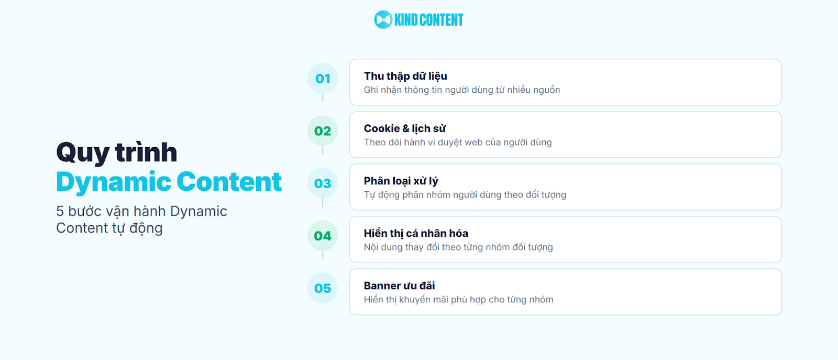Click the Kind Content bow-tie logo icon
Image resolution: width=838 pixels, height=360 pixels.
tap(383, 20)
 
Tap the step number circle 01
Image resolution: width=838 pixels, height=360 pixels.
tap(323, 79)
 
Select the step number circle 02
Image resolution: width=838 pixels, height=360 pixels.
tap(323, 131)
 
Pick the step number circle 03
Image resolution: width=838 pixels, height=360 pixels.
tap(323, 183)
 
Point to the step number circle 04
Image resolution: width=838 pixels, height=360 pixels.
tap(323, 236)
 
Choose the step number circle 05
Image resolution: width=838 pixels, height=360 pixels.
tap(323, 288)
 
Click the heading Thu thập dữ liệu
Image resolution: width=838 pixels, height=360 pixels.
tap(405, 77)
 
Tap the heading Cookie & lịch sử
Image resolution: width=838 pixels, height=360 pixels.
tap(404, 129)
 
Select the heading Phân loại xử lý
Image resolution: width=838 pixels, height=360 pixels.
tap(401, 181)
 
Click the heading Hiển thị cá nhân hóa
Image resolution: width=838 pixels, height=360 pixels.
tap(416, 234)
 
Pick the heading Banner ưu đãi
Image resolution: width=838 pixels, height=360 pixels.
tap(399, 286)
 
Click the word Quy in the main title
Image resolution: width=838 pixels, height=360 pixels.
tap(83, 153)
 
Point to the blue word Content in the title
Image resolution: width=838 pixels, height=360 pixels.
tap(229, 182)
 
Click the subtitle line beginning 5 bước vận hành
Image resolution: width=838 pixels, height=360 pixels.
tap(141, 211)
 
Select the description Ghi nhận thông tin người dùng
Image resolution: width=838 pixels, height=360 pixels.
tap(462, 90)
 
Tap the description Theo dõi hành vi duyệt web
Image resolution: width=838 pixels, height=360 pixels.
tap(458, 143)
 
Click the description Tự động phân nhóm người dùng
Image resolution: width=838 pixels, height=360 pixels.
tap(465, 195)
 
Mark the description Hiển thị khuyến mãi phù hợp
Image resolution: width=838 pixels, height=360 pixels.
tap(458, 300)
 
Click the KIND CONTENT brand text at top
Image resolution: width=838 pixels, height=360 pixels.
tap(428, 20)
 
